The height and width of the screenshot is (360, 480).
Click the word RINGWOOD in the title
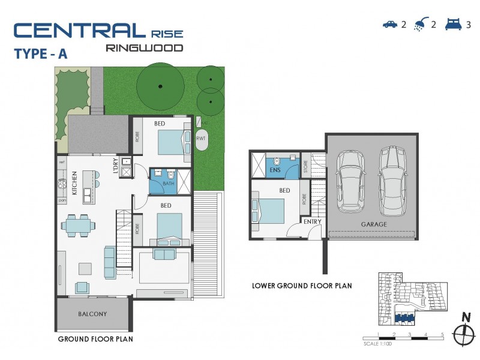tap(144, 47)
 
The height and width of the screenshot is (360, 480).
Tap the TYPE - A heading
tap(40, 53)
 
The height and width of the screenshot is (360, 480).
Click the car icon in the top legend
tap(390, 25)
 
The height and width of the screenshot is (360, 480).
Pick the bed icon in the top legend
tap(452, 25)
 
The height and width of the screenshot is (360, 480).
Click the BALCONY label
tap(92, 314)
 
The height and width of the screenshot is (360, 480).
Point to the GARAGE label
tap(373, 224)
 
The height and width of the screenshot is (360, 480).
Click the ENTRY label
tap(312, 222)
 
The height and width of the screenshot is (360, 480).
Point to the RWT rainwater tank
tap(200, 139)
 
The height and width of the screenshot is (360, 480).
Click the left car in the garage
tap(350, 180)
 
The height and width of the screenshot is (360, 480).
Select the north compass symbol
tap(461, 333)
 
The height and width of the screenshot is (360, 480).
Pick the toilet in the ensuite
tap(276, 161)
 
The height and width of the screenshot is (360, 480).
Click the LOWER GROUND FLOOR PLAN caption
tap(302, 286)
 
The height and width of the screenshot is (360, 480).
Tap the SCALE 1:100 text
tap(379, 344)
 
